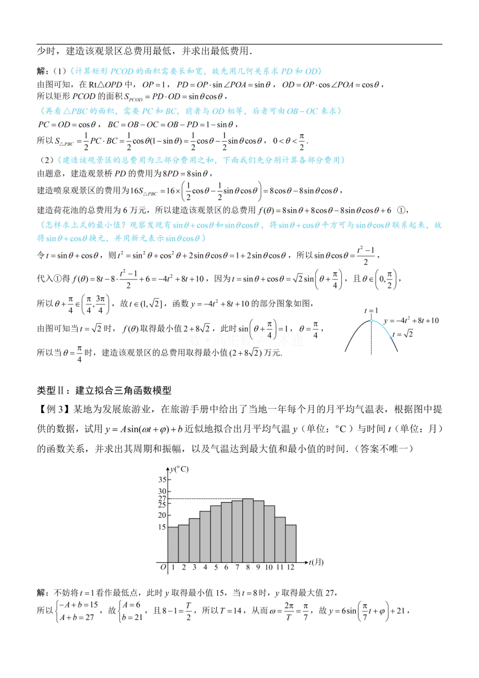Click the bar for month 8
248,530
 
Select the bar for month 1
172,544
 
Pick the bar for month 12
290,543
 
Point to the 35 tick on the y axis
162,480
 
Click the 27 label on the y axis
162,498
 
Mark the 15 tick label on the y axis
162,527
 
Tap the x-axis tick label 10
269,568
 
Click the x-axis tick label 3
194,568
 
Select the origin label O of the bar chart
163,568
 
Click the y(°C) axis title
179,469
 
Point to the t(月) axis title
316,562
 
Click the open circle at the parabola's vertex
372,320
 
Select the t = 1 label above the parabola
371,311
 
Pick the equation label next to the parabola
411,320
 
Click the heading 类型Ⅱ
104,390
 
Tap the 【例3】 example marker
53,409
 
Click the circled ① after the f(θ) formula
401,210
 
